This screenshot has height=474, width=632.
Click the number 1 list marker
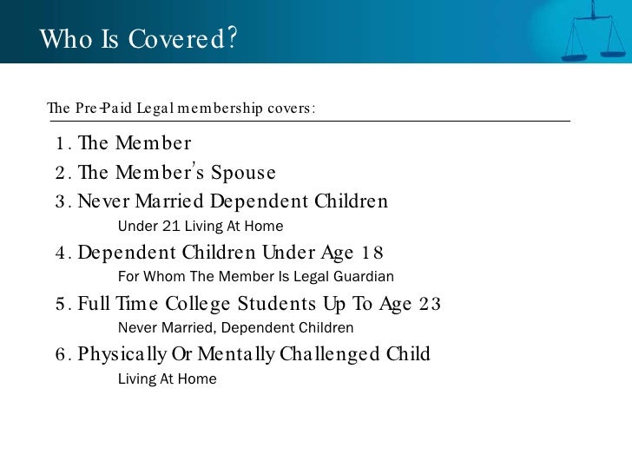coord(58,143)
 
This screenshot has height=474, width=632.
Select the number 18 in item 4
coord(372,253)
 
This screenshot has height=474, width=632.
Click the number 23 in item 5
coord(430,304)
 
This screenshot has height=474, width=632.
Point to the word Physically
coord(123,354)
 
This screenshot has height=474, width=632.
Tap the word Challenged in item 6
coord(323,354)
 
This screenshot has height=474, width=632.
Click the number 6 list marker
coord(59,355)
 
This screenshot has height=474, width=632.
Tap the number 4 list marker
coord(59,253)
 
